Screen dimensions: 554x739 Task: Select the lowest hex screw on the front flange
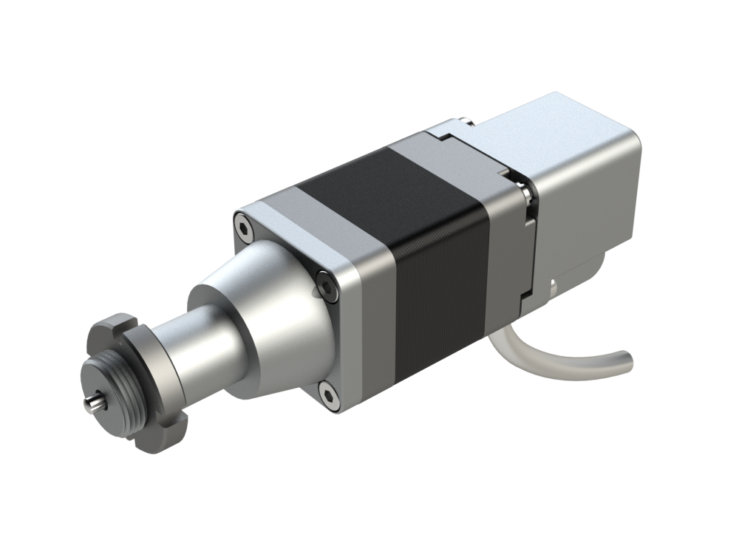(x=328, y=395)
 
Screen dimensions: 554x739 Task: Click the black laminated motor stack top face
(x=384, y=185)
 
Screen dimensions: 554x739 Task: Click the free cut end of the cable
(x=627, y=361)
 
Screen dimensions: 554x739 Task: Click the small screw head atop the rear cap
(x=460, y=120)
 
